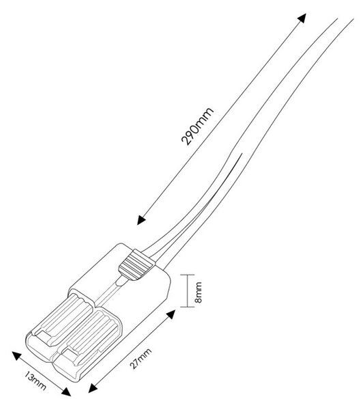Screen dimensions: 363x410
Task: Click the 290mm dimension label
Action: [x=197, y=126]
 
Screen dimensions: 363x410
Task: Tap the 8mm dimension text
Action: [x=199, y=292]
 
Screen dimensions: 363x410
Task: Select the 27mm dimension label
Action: [x=141, y=359]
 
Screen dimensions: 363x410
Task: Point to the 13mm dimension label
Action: [x=35, y=380]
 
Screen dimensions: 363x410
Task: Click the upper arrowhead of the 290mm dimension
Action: [x=302, y=18]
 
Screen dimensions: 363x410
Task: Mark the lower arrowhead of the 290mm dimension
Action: [x=141, y=220]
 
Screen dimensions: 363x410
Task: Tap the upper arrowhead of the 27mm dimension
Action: [x=171, y=314]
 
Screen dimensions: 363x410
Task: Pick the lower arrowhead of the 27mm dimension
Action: [x=93, y=388]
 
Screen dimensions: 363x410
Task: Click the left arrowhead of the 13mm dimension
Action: [x=16, y=355]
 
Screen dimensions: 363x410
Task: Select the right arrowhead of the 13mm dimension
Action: [x=66, y=392]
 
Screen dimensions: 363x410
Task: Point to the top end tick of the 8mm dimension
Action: [x=187, y=275]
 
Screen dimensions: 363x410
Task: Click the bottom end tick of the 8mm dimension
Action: [x=187, y=307]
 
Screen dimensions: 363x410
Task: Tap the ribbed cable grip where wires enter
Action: [x=135, y=265]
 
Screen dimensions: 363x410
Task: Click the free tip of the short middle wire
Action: [x=242, y=154]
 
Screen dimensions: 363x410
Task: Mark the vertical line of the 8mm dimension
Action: [x=187, y=290]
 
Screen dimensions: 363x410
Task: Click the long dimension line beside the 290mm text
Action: [x=222, y=119]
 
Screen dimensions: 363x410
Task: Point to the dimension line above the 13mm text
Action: [x=41, y=374]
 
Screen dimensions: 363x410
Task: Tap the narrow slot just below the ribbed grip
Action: [x=121, y=282]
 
